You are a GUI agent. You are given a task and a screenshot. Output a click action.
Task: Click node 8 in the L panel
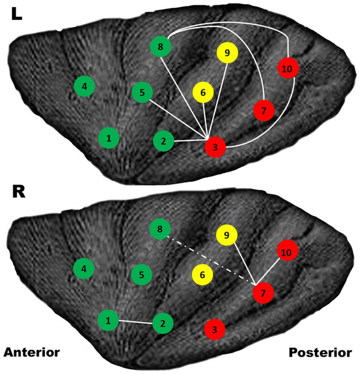(x=161, y=46)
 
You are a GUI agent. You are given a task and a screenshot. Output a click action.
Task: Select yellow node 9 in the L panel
(x=227, y=53)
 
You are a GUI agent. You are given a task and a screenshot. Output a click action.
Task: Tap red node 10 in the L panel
(x=288, y=68)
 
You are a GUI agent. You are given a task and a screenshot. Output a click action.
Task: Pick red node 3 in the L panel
(x=215, y=147)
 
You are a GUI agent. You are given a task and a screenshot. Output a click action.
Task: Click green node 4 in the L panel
(x=85, y=86)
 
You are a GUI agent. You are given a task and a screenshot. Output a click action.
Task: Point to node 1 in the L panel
(x=109, y=138)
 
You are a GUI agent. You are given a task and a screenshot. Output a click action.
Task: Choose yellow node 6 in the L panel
(x=203, y=92)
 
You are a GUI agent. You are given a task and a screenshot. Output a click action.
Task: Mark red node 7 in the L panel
(x=263, y=110)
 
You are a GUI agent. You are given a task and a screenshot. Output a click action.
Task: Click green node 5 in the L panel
(x=142, y=92)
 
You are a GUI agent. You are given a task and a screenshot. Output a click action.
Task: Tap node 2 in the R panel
(x=163, y=324)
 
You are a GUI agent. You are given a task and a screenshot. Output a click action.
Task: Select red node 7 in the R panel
(x=263, y=293)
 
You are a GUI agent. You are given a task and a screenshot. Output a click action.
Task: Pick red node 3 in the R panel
(x=215, y=329)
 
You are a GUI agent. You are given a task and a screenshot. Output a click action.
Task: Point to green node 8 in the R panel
(x=160, y=229)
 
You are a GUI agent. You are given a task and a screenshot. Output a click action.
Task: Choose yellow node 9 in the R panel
(x=226, y=235)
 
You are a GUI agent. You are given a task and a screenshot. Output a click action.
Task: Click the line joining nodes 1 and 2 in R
(x=136, y=322)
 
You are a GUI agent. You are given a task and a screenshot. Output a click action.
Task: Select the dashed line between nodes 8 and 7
(x=211, y=261)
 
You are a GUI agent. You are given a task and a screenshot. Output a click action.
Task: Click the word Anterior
(x=32, y=352)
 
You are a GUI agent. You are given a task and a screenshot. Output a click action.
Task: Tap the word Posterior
(x=320, y=352)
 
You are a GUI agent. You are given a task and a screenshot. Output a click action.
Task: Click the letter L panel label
(x=17, y=14)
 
